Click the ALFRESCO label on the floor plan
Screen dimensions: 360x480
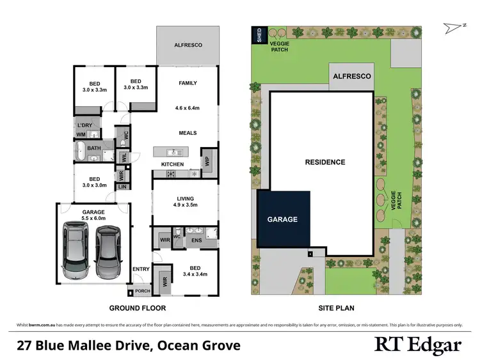pyautogui.click(x=188, y=45)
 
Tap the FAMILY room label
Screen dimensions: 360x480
pyautogui.click(x=188, y=83)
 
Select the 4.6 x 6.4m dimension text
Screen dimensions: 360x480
pyautogui.click(x=188, y=108)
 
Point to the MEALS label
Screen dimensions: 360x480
pyautogui.click(x=188, y=133)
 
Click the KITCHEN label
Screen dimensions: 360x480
pyautogui.click(x=172, y=164)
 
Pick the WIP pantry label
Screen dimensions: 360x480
pyautogui.click(x=207, y=161)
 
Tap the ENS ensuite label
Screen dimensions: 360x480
pyautogui.click(x=197, y=242)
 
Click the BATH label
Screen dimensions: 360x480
pyautogui.click(x=94, y=149)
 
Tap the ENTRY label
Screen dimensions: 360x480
pyautogui.click(x=141, y=269)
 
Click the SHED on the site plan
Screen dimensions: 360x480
pyautogui.click(x=259, y=35)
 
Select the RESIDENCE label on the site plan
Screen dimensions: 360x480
pyautogui.click(x=324, y=162)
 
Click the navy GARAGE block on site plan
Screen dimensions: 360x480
pyautogui.click(x=284, y=219)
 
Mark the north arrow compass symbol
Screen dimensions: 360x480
pyautogui.click(x=451, y=27)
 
